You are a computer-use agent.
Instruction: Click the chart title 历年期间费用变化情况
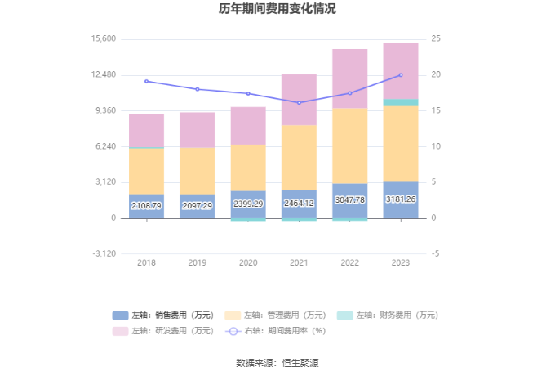click(277, 10)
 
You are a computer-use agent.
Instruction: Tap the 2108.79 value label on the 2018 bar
click(147, 206)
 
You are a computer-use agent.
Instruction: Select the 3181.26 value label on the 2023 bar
click(400, 199)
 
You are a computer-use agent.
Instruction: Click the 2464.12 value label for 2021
click(299, 204)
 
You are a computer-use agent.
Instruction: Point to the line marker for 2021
click(299, 102)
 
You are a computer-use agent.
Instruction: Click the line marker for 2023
click(400, 75)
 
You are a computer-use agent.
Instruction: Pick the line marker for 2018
click(147, 81)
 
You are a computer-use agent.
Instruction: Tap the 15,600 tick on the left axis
click(103, 39)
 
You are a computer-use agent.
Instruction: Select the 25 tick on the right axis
click(437, 39)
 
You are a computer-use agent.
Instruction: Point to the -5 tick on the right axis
click(435, 253)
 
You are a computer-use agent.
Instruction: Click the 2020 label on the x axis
click(248, 262)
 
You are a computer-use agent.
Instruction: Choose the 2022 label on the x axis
click(349, 262)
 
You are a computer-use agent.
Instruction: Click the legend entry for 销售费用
click(163, 316)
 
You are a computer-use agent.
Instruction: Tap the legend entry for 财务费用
click(387, 316)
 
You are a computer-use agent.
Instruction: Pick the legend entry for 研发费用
click(163, 331)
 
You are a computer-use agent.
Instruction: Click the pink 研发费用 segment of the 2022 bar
click(349, 78)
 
